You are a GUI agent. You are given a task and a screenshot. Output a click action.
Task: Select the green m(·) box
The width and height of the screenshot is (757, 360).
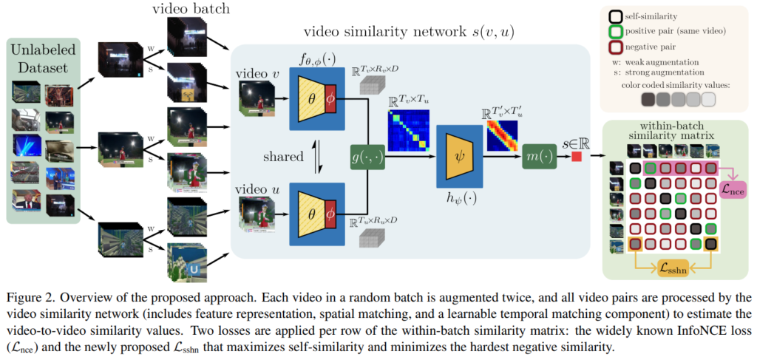tap(539, 157)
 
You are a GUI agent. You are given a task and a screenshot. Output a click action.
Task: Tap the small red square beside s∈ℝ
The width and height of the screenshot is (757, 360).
tap(576, 157)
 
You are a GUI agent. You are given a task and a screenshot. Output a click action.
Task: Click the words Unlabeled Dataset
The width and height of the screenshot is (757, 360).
tap(44, 60)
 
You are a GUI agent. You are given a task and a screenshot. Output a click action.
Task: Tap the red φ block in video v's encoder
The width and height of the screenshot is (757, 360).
tap(330, 98)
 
